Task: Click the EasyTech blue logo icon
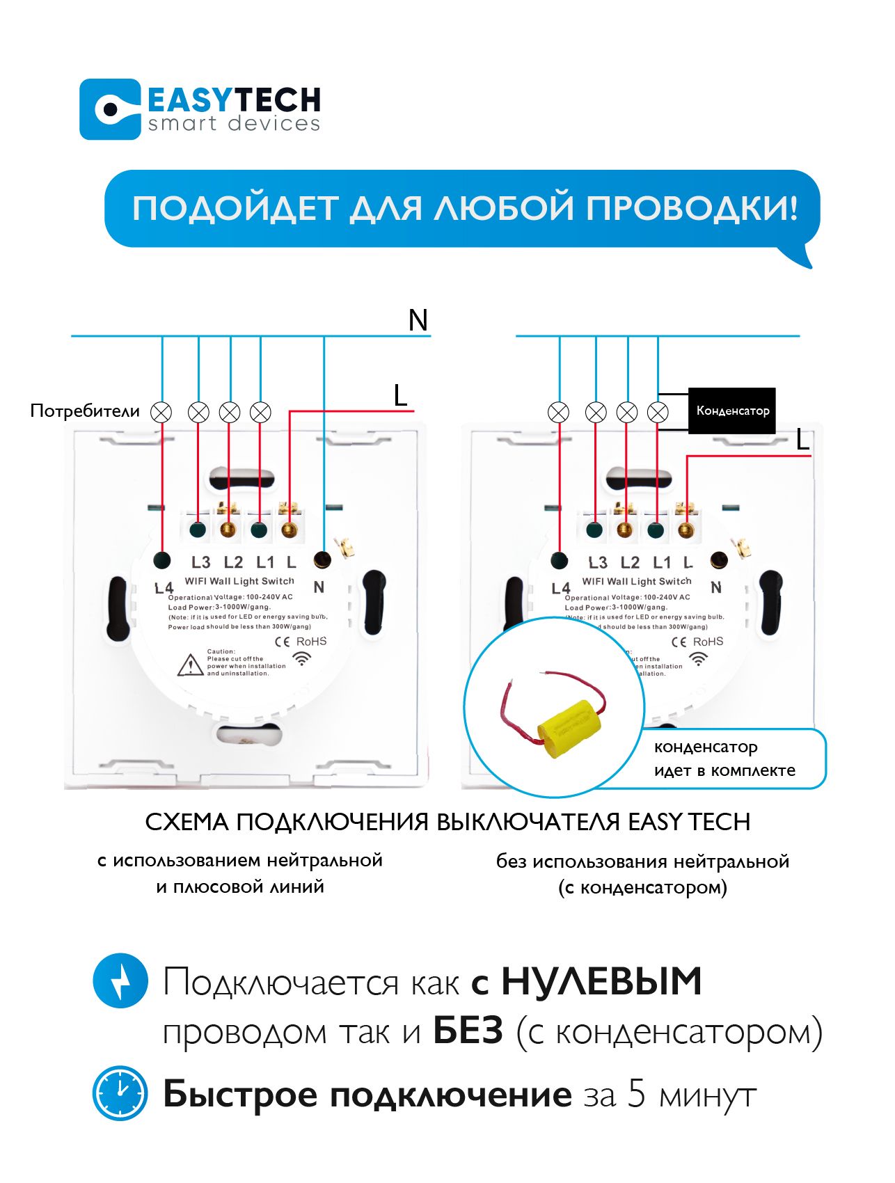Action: click(110, 109)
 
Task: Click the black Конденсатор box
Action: click(731, 411)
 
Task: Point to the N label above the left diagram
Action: click(418, 321)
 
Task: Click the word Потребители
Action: click(85, 411)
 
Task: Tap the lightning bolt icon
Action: click(120, 980)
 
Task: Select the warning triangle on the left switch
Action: click(190, 665)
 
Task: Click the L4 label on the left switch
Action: click(164, 588)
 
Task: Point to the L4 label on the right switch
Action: click(561, 589)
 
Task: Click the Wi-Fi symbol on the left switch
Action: click(302, 658)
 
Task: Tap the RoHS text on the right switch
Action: click(708, 642)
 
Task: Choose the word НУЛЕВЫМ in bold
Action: click(601, 981)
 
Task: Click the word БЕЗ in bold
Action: click(468, 1031)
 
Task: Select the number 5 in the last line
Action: click(637, 1094)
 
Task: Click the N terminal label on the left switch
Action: click(319, 587)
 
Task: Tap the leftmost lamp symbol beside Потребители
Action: click(161, 412)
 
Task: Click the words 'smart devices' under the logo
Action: click(234, 124)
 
